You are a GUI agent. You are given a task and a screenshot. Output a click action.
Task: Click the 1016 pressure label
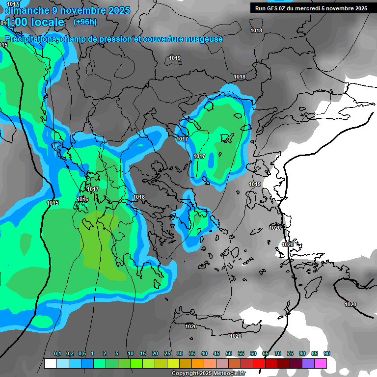82,199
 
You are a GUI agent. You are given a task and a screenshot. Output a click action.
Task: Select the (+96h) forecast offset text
85,22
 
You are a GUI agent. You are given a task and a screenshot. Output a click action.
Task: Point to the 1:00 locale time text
35,22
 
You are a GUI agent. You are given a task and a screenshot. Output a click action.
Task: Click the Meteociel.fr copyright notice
208,374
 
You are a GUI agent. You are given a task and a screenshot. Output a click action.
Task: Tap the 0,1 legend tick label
57,354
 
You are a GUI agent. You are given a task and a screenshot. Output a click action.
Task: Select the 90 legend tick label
327,354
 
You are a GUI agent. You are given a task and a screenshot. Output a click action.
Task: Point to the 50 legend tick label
229,354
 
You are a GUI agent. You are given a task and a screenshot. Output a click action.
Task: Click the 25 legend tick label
167,354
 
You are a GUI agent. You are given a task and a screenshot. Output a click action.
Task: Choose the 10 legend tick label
131,354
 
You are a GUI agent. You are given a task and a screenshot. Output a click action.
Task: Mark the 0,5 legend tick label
81,354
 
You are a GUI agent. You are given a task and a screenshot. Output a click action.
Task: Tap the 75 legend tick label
290,354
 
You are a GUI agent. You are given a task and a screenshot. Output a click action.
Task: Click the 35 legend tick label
192,354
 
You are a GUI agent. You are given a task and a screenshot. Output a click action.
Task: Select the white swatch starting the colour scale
50,363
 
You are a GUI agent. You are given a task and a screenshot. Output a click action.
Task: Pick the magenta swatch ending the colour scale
321,363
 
